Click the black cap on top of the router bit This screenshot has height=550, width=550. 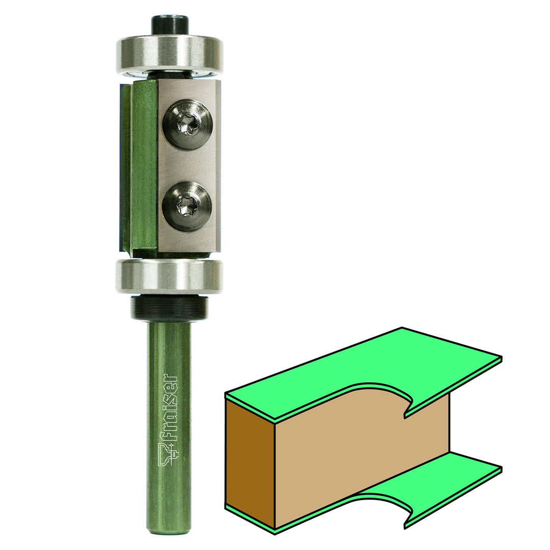pyautogui.click(x=170, y=25)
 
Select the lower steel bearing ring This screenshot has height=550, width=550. pyautogui.click(x=170, y=276)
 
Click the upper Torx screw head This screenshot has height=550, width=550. pyautogui.click(x=187, y=125)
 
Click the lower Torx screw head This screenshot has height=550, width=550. pyautogui.click(x=187, y=207)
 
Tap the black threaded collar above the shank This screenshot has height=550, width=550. pyautogui.click(x=170, y=308)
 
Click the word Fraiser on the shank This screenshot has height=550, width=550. pyautogui.click(x=171, y=407)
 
